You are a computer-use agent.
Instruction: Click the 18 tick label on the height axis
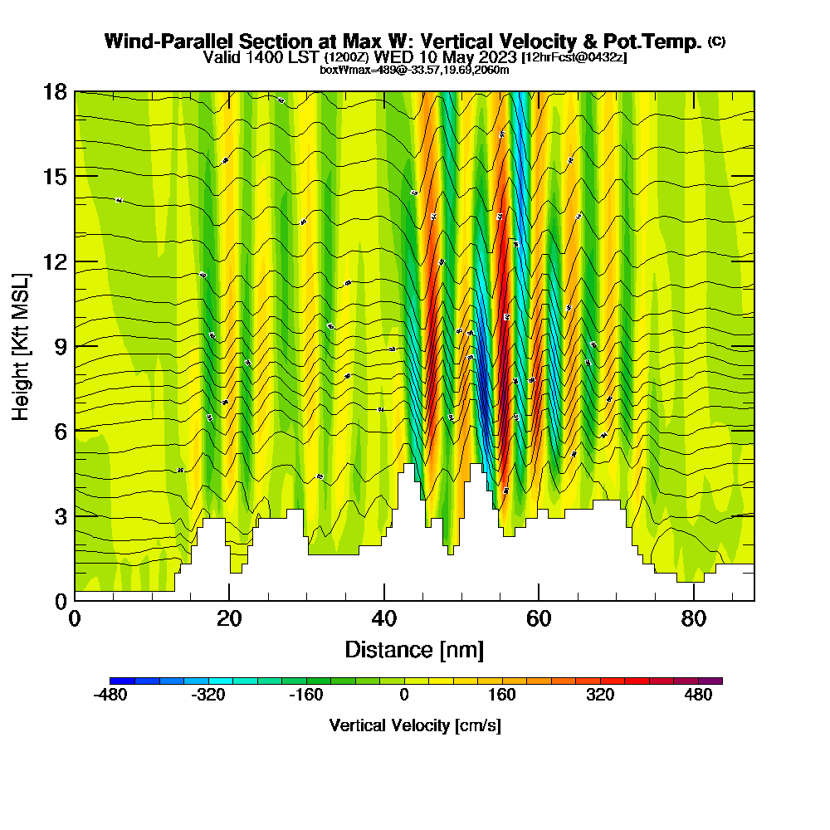[x=55, y=91]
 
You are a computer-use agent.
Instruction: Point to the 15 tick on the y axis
[x=55, y=177]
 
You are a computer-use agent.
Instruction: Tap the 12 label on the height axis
[x=55, y=261]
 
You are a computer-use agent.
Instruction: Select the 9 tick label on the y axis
[x=61, y=346]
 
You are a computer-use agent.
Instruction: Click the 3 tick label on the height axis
[x=61, y=516]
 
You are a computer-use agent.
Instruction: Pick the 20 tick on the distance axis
[x=229, y=618]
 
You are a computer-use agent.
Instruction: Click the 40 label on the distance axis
[x=384, y=618]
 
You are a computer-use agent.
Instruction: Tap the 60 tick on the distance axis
[x=539, y=618]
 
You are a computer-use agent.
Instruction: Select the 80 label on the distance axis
[x=694, y=618]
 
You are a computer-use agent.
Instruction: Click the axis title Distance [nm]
[x=414, y=649]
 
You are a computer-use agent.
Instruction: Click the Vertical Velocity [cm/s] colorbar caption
[x=414, y=725]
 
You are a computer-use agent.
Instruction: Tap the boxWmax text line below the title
[x=414, y=70]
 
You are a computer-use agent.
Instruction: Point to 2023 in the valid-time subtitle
[x=495, y=57]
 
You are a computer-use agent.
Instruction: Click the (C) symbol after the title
[x=716, y=41]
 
